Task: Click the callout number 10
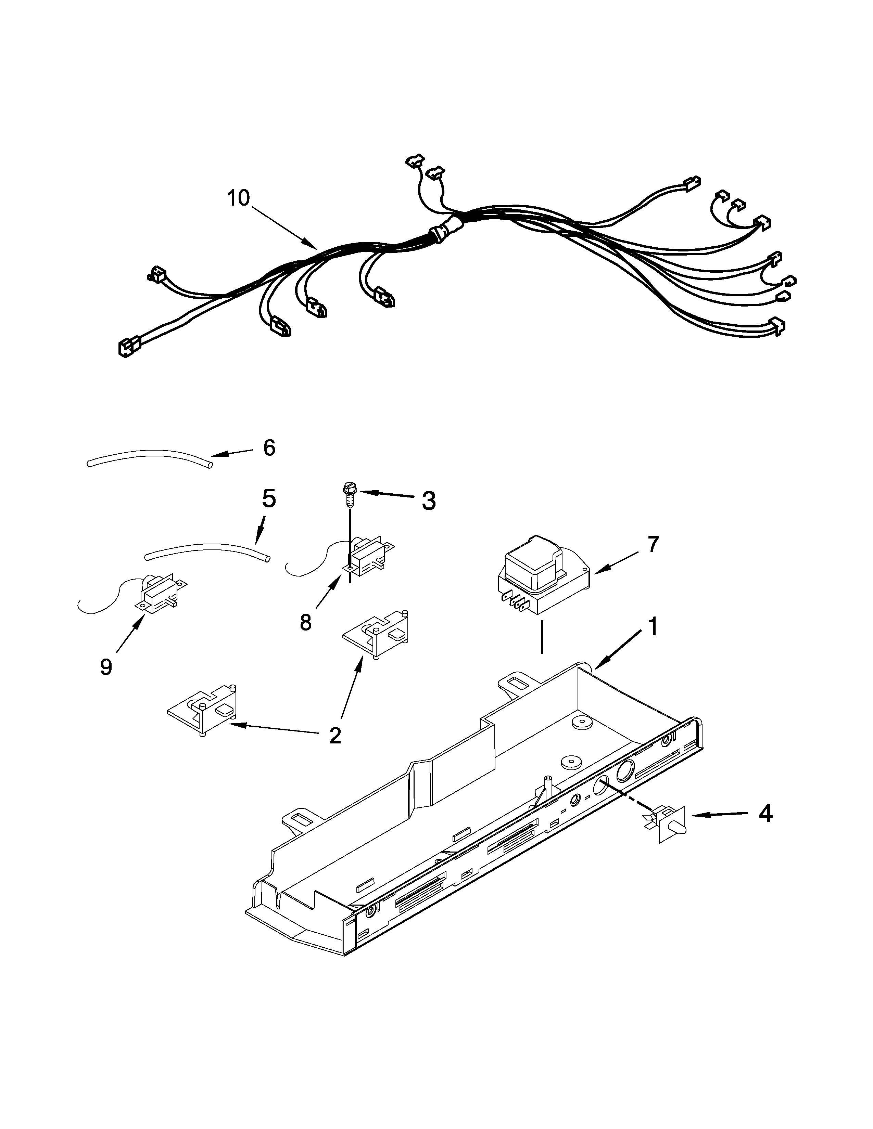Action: click(238, 198)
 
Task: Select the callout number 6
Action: click(269, 448)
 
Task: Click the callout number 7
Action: click(653, 544)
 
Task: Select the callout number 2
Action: click(335, 736)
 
